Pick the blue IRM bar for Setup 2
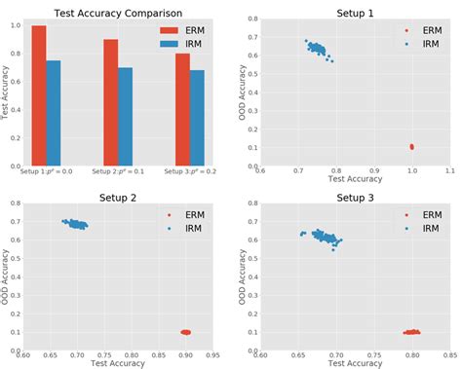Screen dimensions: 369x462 coord(125,116)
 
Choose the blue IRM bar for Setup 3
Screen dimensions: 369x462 coord(197,118)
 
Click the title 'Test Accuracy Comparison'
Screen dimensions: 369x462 coord(118,11)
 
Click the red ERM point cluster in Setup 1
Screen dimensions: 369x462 coord(411,147)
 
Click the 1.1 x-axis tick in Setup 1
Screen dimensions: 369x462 coord(449,170)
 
